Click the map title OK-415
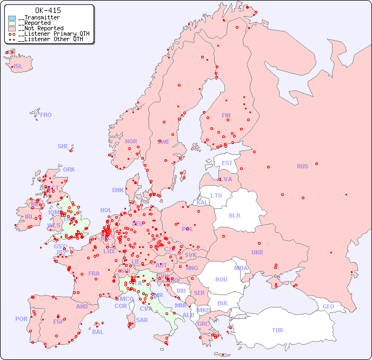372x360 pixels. tap(48, 10)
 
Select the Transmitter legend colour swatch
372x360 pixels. tap(12, 18)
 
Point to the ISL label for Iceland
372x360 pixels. tap(18, 67)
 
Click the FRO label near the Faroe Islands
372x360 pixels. tap(46, 115)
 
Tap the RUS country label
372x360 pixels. tap(302, 166)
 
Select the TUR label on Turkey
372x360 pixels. tap(277, 330)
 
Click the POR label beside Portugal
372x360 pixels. tap(21, 319)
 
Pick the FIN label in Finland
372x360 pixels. tap(226, 115)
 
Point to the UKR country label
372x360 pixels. tap(257, 252)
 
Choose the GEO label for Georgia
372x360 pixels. tap(328, 306)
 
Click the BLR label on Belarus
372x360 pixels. tap(234, 215)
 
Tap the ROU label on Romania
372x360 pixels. tap(221, 279)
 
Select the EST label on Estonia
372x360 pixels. tap(227, 163)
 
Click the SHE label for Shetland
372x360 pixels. tap(63, 146)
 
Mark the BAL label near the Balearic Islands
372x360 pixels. tap(98, 332)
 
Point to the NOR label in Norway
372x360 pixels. tap(131, 141)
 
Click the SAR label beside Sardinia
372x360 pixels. tap(142, 320)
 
